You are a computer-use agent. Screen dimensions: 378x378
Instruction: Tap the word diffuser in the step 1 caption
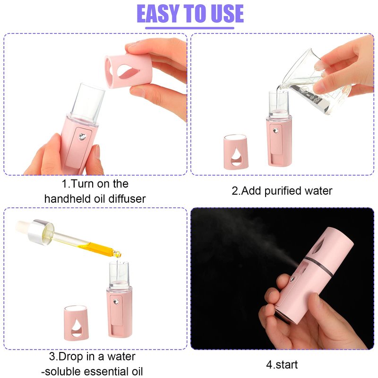point(127,199)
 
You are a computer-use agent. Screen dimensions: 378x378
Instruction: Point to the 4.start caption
point(282,364)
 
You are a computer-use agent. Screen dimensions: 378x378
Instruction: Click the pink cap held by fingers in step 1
point(128,70)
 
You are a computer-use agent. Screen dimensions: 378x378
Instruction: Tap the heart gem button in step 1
point(82,137)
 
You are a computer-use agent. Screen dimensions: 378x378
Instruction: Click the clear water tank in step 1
point(87,103)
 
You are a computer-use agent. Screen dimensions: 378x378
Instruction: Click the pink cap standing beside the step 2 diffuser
point(235,151)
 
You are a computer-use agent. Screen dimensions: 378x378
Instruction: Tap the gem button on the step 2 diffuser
point(275,131)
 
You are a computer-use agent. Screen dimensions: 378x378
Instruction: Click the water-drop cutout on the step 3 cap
point(77,327)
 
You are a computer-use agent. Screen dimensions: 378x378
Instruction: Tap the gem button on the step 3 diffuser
point(116,301)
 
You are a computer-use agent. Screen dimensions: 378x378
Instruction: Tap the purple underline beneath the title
point(189,28)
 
